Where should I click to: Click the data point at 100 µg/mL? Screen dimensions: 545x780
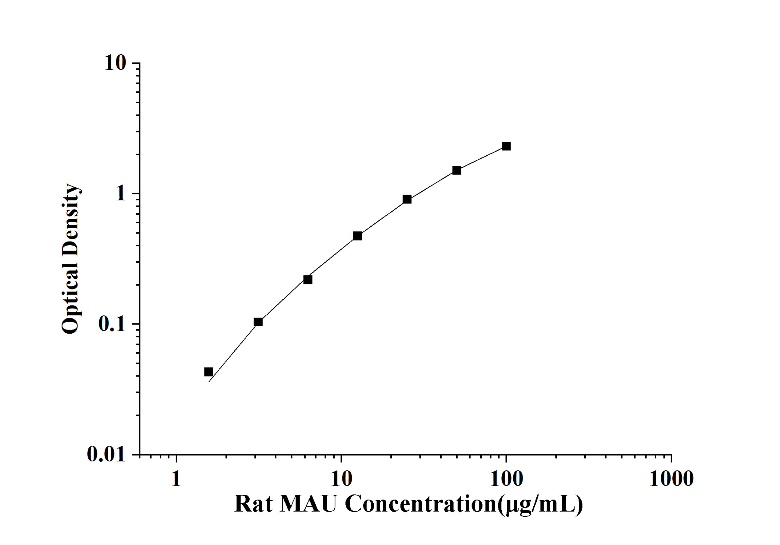[x=506, y=146]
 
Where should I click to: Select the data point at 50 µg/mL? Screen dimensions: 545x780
[x=457, y=170]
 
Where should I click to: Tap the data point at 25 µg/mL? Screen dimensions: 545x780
[x=407, y=199]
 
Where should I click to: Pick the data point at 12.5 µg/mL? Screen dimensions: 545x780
[x=357, y=236]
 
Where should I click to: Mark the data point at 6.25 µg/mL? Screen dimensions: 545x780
[x=308, y=280]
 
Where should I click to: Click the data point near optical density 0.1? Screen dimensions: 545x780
[x=258, y=322]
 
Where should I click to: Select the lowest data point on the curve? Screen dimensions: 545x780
[x=209, y=372]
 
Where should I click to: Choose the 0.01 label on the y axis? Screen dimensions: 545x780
[x=106, y=454]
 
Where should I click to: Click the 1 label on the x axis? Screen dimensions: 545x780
[x=176, y=479]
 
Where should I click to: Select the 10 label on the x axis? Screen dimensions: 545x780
[x=341, y=479]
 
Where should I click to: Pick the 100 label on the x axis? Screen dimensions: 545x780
[x=506, y=479]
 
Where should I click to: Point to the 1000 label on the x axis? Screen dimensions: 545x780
[x=671, y=479]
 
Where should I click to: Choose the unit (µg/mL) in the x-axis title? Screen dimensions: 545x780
[x=540, y=505]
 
